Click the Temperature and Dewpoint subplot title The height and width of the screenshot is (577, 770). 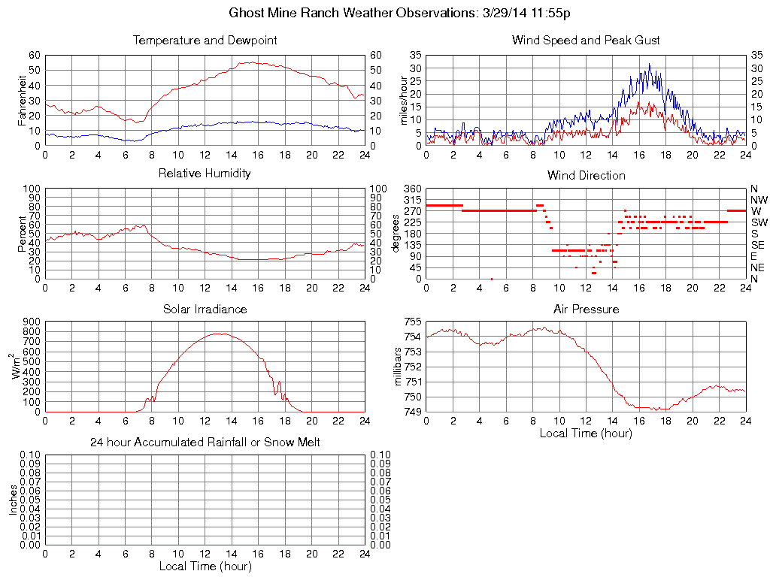coord(205,40)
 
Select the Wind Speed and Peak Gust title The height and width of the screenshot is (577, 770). coord(586,40)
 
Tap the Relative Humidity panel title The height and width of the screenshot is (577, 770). coord(205,174)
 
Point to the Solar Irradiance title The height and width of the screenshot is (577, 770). coord(205,309)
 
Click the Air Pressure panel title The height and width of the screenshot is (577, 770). coord(586,309)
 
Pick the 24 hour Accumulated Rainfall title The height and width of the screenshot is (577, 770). coord(205,443)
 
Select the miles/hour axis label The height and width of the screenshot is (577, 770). coord(404,100)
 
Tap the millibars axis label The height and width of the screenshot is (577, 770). coord(399,367)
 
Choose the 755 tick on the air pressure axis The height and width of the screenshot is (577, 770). coord(413,322)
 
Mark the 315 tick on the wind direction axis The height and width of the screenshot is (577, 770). coord(413,200)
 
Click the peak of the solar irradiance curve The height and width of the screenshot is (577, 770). coord(219,334)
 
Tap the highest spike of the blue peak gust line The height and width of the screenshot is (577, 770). coord(650,65)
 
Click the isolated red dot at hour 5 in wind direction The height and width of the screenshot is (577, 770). coord(492,279)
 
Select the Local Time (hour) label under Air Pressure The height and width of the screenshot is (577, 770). coord(586,433)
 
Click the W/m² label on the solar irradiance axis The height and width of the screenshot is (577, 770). coord(17,367)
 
